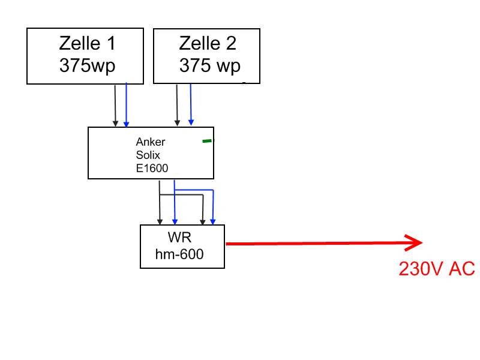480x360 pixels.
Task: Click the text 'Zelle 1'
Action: [x=87, y=43]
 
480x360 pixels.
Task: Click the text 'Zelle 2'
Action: [x=208, y=43]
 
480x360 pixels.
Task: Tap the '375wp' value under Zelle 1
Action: [x=87, y=65]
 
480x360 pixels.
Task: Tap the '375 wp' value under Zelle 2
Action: [x=209, y=65]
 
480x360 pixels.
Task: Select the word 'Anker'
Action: [x=151, y=142]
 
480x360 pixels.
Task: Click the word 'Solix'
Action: [x=148, y=155]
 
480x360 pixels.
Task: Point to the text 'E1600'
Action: [x=152, y=169]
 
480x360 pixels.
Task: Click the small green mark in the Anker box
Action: [x=207, y=141]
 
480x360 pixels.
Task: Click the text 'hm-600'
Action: [x=179, y=254]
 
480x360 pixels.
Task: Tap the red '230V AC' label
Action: [x=437, y=269]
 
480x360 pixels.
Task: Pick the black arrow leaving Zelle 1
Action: [x=115, y=105]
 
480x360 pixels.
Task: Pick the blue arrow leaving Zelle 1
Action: [x=126, y=105]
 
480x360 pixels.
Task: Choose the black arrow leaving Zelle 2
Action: [x=176, y=105]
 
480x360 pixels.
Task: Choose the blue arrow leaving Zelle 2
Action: [x=190, y=105]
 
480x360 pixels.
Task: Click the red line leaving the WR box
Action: [x=312, y=244]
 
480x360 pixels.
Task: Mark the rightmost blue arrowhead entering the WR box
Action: [x=213, y=221]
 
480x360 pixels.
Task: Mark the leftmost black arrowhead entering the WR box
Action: [x=160, y=221]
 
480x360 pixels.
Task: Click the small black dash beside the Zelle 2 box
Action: [x=244, y=81]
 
